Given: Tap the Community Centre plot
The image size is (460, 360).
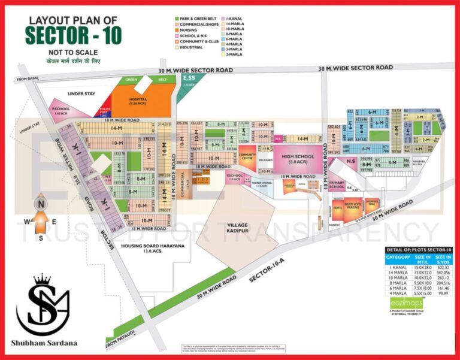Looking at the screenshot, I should [x=247, y=156].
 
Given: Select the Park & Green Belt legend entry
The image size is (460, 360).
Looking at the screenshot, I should [x=195, y=20].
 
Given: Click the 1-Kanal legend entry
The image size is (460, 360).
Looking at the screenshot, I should [x=234, y=20].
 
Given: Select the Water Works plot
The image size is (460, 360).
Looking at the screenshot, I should [x=262, y=185].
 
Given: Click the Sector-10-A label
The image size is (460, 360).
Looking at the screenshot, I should [x=262, y=276].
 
